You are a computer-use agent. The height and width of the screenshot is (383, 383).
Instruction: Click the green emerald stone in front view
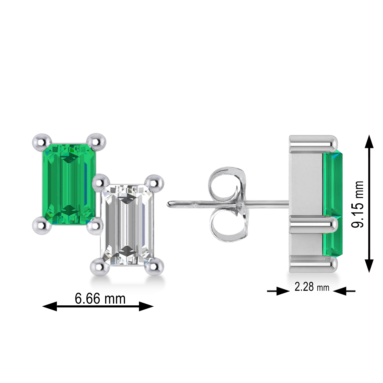pos(68,184)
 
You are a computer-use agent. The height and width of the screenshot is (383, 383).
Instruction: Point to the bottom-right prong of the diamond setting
pos(154,267)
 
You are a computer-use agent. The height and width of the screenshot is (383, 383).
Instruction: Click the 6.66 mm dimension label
pos(100,298)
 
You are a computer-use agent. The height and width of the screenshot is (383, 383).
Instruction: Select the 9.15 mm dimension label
pos(357,204)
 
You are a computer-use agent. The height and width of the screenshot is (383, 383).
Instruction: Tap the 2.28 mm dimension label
pos(312,287)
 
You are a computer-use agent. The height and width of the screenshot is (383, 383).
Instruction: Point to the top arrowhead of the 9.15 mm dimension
pos(369,142)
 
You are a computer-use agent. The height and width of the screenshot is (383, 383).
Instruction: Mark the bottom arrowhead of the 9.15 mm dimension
pos(369,266)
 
